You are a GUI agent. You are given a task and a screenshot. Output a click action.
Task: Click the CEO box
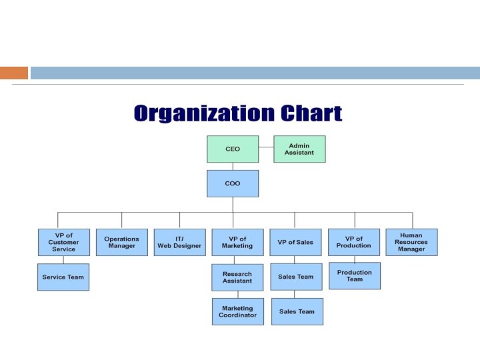232,149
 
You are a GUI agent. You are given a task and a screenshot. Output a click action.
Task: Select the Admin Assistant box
299,149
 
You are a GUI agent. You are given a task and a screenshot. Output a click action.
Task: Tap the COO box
232,183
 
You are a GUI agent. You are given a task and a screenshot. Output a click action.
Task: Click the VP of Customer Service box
63,242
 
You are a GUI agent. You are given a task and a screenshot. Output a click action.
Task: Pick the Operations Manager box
121,242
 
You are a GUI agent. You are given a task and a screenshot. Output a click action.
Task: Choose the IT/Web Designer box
179,242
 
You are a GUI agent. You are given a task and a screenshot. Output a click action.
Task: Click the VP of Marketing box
237,242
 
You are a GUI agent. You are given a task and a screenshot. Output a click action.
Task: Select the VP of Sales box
295,242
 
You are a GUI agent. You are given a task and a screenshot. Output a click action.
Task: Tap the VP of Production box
353,242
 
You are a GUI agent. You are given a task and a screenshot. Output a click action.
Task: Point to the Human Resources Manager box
411,242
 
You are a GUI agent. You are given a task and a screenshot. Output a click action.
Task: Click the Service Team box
63,277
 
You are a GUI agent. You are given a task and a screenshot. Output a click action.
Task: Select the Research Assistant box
237,277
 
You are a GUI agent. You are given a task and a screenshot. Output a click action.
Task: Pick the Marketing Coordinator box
237,311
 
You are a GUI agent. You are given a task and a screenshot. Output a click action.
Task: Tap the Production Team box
354,275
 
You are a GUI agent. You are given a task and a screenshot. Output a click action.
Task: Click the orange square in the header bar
14,73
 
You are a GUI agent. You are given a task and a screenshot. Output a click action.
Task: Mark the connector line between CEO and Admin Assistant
266,149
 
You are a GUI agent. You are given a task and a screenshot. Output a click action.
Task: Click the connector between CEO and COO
232,166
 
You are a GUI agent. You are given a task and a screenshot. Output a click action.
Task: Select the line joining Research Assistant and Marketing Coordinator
237,294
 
